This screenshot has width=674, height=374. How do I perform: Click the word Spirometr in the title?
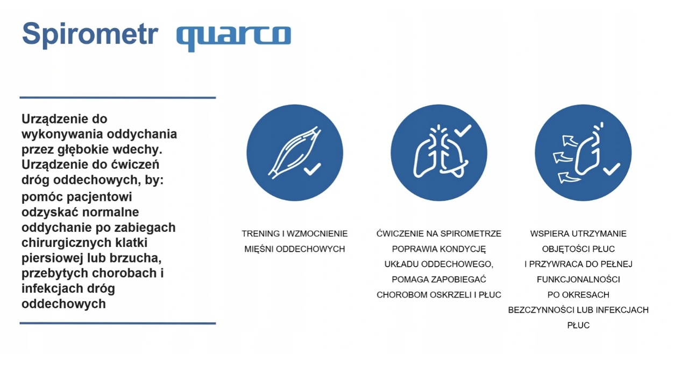point(90,34)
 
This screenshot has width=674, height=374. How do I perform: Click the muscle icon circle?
point(295,153)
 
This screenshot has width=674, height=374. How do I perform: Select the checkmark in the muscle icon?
point(313,169)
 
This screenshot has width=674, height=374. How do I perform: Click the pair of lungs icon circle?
point(439,153)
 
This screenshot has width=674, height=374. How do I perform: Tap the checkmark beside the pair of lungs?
point(463,130)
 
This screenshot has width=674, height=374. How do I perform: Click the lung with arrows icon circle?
point(583,153)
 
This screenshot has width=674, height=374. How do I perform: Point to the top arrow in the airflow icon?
point(570,141)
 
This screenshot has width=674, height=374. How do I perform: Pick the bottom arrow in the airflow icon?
point(569,177)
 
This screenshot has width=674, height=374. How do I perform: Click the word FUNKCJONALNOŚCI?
point(578,279)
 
